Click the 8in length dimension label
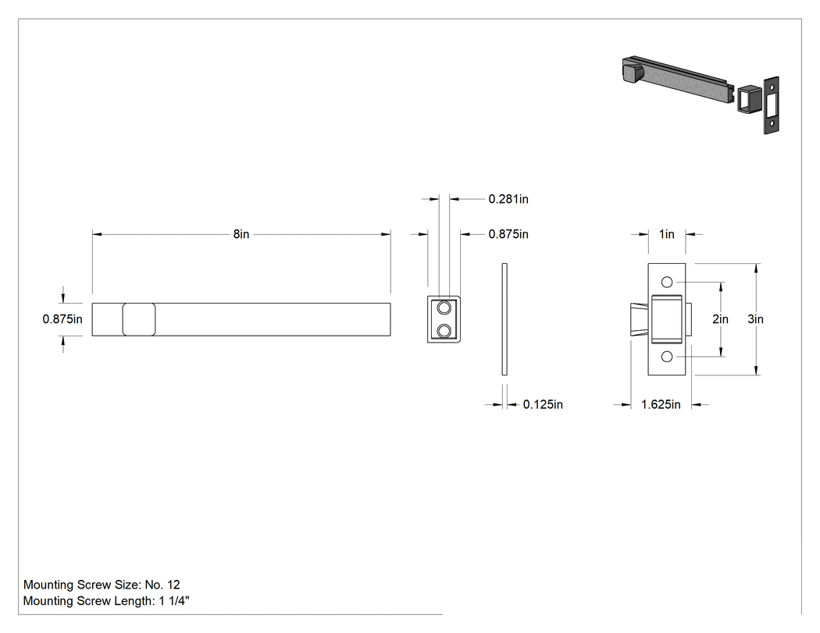click(x=241, y=234)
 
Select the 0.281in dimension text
click(x=508, y=199)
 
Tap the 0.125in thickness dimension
click(x=543, y=404)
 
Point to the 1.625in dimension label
click(x=661, y=404)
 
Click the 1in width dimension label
click(x=667, y=234)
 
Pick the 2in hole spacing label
click(x=720, y=319)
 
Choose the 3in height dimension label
click(x=756, y=319)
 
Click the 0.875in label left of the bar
click(x=62, y=319)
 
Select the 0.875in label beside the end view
click(x=508, y=234)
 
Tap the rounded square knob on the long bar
click(x=138, y=319)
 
